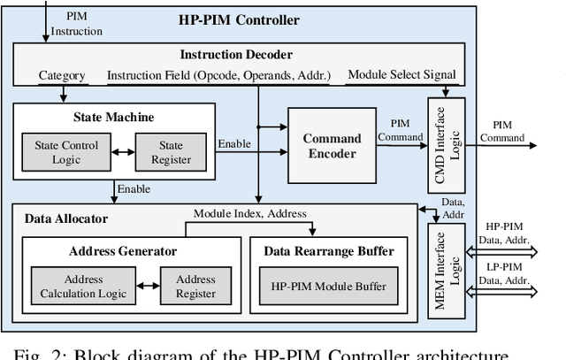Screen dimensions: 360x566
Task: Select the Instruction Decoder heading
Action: (x=236, y=54)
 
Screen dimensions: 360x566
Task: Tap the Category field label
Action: (x=62, y=75)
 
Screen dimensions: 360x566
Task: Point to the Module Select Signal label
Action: (x=402, y=74)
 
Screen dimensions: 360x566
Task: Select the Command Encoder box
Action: (x=333, y=146)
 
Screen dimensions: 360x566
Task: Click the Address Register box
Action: (x=195, y=286)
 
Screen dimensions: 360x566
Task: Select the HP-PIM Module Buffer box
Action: (x=328, y=287)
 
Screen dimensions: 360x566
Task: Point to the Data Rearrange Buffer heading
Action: (x=328, y=250)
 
